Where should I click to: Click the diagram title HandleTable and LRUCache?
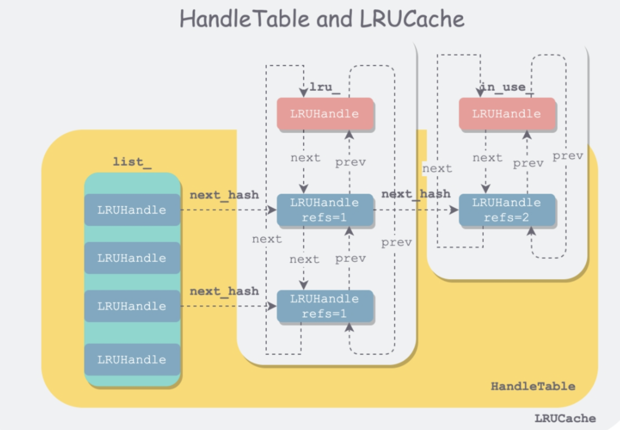point(322,18)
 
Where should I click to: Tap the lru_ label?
point(324,87)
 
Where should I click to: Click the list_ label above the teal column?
point(132,162)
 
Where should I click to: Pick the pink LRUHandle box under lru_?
point(324,114)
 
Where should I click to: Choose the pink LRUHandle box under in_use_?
point(507,114)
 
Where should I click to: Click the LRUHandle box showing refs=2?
point(507,210)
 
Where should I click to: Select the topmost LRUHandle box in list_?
point(132,210)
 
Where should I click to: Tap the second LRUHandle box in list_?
point(132,258)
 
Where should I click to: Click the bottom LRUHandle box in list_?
point(132,359)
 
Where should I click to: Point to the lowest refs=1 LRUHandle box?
point(324,306)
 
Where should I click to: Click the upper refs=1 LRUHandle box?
point(324,210)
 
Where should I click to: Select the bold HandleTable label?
point(533,386)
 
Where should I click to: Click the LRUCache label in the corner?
point(565,418)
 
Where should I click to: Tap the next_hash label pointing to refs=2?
point(416,194)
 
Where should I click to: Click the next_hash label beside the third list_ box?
point(224,292)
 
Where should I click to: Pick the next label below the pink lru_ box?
point(305,158)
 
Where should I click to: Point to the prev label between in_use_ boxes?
point(528,164)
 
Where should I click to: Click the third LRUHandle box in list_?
point(132,306)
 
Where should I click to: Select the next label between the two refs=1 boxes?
point(304,259)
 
